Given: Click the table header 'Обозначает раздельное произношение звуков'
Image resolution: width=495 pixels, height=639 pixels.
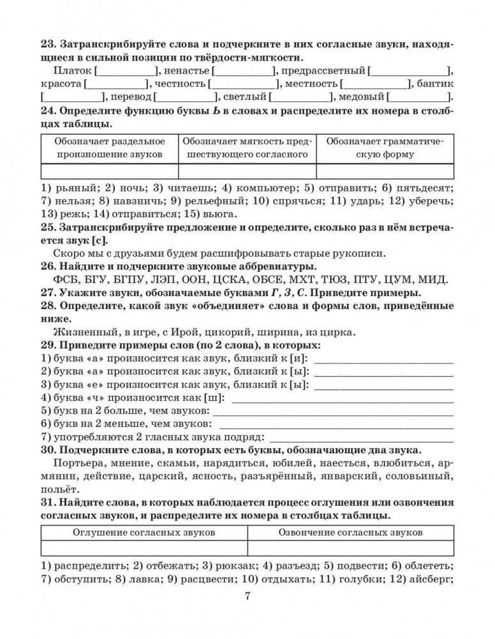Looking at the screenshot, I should [x=109, y=147].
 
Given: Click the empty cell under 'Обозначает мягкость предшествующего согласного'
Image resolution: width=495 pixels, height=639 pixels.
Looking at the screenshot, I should [x=247, y=171].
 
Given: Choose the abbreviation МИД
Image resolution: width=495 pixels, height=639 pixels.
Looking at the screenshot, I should [x=435, y=279].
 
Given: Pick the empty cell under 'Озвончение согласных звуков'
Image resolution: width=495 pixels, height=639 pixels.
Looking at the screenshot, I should [x=350, y=548].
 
